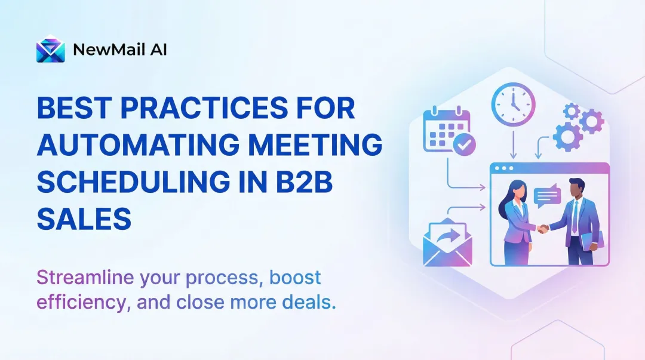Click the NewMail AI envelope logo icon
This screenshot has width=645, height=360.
click(x=50, y=50)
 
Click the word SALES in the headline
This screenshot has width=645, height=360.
click(x=84, y=219)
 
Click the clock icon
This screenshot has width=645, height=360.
click(x=513, y=104)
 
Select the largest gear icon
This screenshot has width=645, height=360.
click(x=567, y=137)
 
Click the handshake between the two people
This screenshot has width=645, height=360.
click(x=542, y=227)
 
